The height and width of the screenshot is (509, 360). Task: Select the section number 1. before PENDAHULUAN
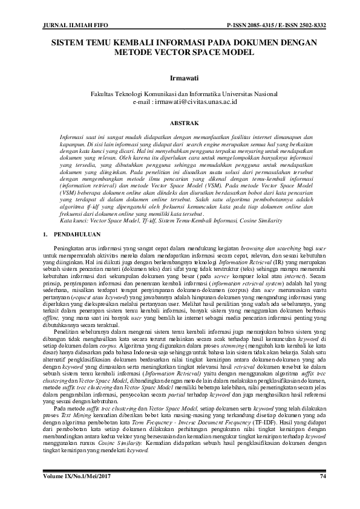pos(39,232)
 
